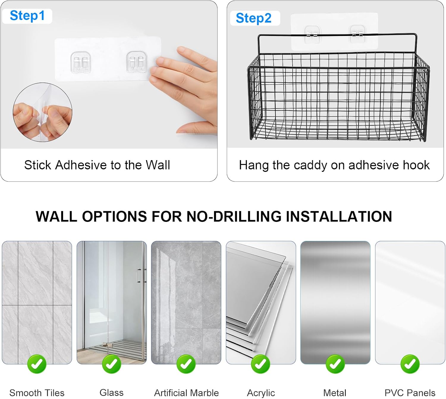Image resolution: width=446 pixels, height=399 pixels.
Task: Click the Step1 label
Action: coord(27,16)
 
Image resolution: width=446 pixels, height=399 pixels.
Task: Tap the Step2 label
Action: coord(253,18)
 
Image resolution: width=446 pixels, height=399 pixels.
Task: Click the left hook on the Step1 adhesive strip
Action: coord(81,63)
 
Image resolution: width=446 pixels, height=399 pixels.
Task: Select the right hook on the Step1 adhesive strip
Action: coord(136,62)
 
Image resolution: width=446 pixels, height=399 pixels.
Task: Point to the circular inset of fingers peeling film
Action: coord(43,112)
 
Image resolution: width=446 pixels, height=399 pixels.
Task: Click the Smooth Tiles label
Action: coord(37,393)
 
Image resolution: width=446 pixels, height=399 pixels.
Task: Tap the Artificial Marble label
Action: coord(186,393)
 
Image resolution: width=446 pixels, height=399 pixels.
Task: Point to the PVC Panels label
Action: coord(410,393)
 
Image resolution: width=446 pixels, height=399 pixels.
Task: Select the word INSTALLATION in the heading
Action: coord(339,217)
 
